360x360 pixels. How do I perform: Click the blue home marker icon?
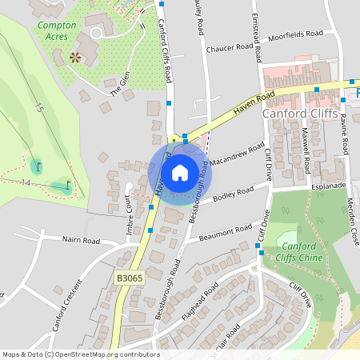[180, 172]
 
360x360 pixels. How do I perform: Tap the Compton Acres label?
[57, 30]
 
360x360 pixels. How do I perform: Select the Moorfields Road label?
[295, 34]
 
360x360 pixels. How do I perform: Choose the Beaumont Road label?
[226, 230]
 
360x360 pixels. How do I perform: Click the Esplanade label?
[329, 185]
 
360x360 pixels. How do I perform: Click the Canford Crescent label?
[67, 306]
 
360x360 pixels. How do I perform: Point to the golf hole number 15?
[37, 106]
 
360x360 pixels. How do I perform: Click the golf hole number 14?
[26, 183]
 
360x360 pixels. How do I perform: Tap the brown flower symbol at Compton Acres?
[75, 57]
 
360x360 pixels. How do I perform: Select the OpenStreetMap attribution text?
[82, 354]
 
